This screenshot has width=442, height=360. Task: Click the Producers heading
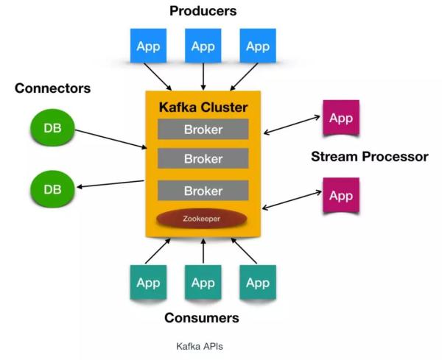(203, 11)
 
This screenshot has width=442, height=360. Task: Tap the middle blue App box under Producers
(203, 46)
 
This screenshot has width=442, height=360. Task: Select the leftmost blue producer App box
(149, 46)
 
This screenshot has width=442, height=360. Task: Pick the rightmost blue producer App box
(257, 46)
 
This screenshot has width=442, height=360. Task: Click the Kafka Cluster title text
(203, 107)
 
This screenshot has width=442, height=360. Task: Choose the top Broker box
(203, 130)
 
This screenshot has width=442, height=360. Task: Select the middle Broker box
(203, 158)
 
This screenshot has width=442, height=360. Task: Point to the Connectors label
(52, 88)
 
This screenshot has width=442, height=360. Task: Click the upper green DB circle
(52, 128)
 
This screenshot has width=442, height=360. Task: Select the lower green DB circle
(52, 189)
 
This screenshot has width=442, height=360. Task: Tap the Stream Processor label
(369, 157)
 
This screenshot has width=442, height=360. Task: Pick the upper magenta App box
(341, 119)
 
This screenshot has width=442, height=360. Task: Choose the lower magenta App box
(341, 196)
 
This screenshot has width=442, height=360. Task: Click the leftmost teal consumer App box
(149, 283)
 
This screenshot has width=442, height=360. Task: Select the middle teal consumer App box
(203, 283)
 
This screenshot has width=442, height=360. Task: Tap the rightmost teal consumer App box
(257, 283)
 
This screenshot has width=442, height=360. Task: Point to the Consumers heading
(203, 318)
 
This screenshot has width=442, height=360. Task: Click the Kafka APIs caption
(203, 345)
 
